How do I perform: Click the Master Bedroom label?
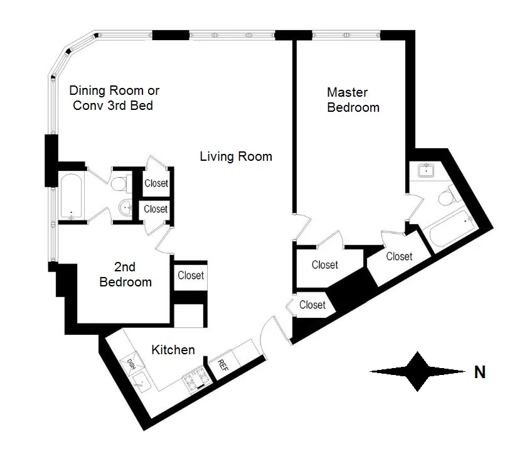click(x=353, y=100)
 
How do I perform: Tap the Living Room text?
click(x=236, y=156)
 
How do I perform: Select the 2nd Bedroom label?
click(x=125, y=275)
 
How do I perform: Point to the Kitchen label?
click(x=173, y=350)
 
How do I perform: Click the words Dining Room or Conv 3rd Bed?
click(x=113, y=97)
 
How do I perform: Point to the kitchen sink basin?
click(x=142, y=379)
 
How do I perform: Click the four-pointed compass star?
click(x=417, y=372)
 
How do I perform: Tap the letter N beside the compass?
click(x=479, y=372)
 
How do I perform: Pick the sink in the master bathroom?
click(x=427, y=170)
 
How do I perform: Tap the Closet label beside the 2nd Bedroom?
click(x=190, y=275)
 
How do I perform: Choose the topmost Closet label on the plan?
click(x=156, y=183)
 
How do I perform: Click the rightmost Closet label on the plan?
click(x=399, y=256)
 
